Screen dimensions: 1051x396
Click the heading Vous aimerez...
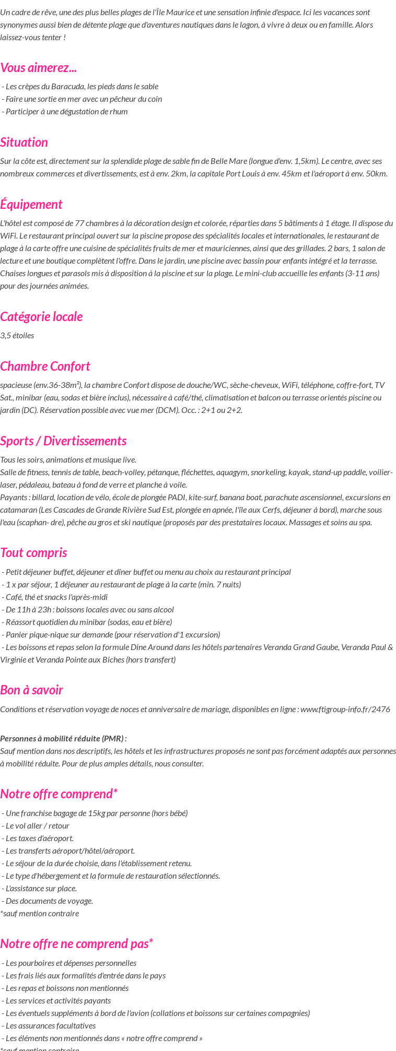[39, 68]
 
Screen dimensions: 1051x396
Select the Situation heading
[24, 143]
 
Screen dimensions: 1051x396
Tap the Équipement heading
[31, 205]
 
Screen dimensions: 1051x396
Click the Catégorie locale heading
[41, 317]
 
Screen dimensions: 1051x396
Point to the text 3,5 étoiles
[17, 336]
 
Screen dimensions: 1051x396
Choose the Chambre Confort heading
[45, 367]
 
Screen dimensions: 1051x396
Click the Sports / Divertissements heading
[63, 441]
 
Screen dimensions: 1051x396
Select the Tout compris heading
[33, 553]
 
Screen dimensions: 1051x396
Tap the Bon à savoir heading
[31, 690]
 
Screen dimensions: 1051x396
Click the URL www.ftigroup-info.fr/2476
[345, 710]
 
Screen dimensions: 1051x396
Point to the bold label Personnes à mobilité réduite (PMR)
[63, 738]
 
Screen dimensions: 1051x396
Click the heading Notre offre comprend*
[59, 794]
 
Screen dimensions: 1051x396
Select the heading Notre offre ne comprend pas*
[76, 944]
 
